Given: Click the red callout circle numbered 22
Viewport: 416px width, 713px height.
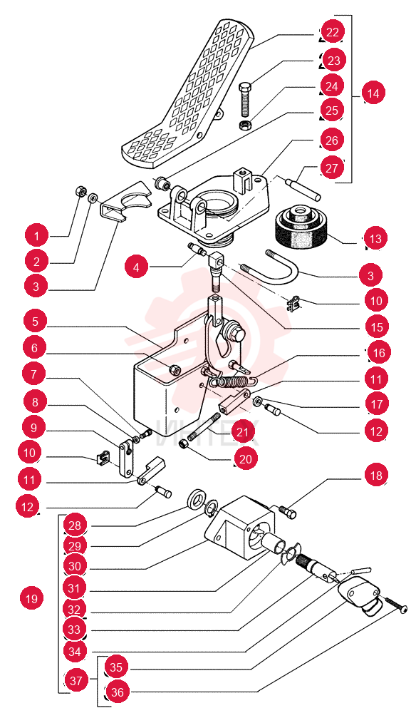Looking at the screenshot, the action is point(333,32).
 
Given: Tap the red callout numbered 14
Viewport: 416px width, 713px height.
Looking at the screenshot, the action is point(373,93).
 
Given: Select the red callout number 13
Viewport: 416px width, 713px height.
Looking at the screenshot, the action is point(375,238).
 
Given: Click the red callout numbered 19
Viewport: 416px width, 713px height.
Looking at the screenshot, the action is point(32,598).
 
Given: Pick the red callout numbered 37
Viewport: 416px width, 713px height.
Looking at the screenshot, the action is point(76,680).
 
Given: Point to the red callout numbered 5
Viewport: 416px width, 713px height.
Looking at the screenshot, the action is point(36,322).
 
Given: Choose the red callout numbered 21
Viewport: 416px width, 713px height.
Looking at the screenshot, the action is point(242,431).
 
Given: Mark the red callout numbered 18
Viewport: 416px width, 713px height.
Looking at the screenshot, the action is point(376,476).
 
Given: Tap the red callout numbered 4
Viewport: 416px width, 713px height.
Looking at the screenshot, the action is point(137,267).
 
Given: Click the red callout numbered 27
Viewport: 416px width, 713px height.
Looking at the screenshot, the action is point(332,168).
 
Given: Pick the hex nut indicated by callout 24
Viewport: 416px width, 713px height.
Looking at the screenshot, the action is point(245,125).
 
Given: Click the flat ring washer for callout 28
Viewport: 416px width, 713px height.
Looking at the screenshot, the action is point(196,499).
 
